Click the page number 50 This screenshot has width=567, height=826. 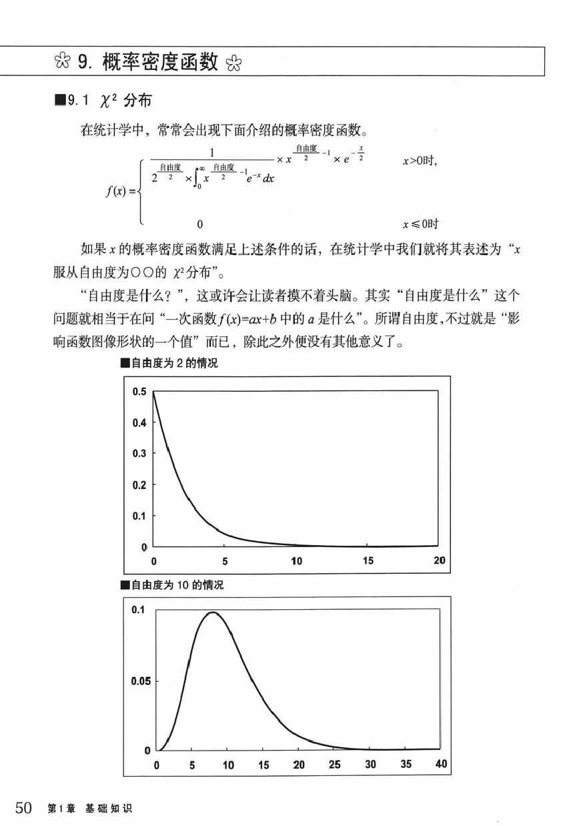pyautogui.click(x=22, y=809)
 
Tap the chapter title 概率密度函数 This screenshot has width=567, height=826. pyautogui.click(x=161, y=63)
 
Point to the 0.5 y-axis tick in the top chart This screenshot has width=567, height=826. pyautogui.click(x=139, y=392)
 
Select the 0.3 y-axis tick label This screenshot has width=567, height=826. pyautogui.click(x=139, y=454)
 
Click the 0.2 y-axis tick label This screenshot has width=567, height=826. pyautogui.click(x=139, y=485)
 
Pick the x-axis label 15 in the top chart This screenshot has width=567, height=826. pyautogui.click(x=368, y=561)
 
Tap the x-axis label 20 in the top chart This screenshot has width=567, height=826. pyautogui.click(x=439, y=561)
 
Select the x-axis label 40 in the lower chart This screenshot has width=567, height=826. pyautogui.click(x=441, y=765)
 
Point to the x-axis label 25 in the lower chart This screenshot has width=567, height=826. pyautogui.click(x=334, y=765)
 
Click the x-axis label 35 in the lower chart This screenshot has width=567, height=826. pyautogui.click(x=406, y=765)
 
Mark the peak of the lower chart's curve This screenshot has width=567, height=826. pyautogui.click(x=212, y=612)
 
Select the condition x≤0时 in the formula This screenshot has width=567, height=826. pyautogui.click(x=420, y=224)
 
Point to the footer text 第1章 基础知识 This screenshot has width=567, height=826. pyautogui.click(x=90, y=809)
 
